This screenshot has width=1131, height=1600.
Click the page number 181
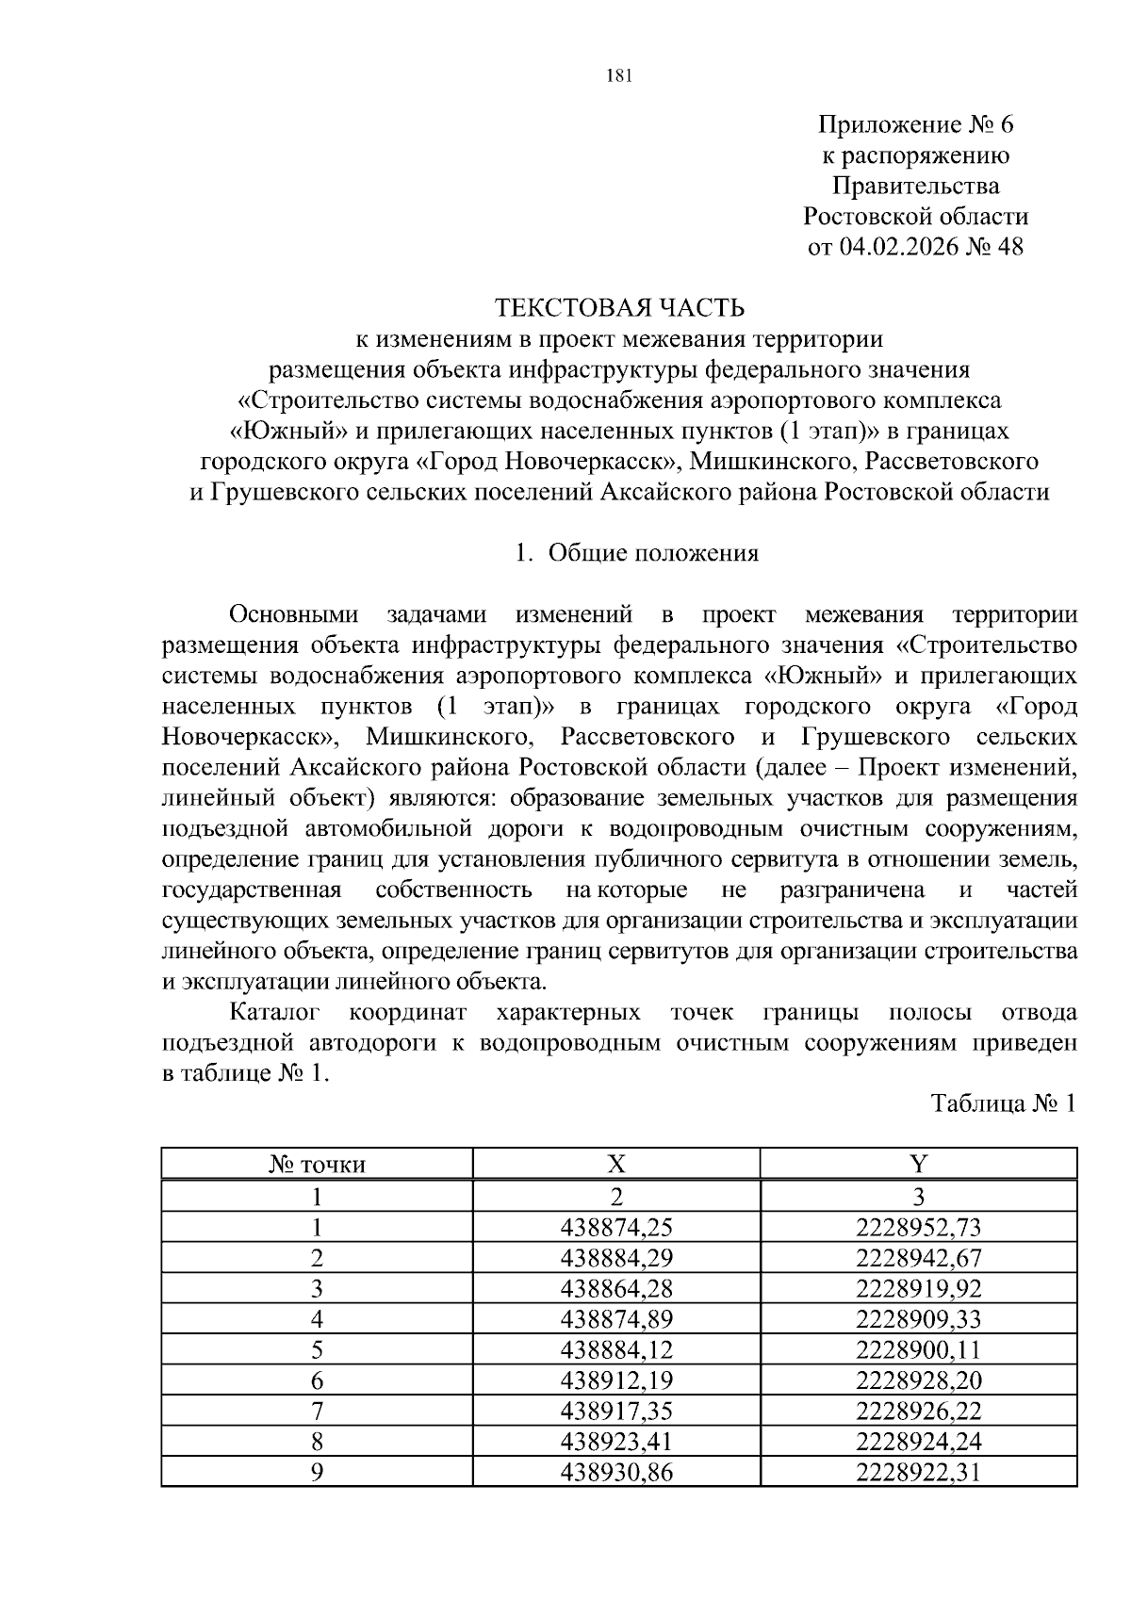click(617, 76)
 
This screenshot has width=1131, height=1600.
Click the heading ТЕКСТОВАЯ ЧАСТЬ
click(619, 308)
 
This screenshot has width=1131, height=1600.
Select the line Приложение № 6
click(915, 124)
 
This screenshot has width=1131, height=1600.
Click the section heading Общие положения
click(652, 553)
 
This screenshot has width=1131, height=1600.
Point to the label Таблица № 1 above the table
click(1003, 1103)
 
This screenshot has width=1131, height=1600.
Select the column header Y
click(918, 1165)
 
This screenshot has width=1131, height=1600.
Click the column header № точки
click(317, 1165)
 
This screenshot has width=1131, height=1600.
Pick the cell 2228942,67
click(918, 1258)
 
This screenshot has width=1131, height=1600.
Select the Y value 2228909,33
click(918, 1319)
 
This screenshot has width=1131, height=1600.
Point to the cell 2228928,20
click(918, 1380)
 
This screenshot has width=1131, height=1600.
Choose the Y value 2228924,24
click(918, 1442)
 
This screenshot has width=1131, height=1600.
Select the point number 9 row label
click(317, 1472)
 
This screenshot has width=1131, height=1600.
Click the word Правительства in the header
click(915, 186)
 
